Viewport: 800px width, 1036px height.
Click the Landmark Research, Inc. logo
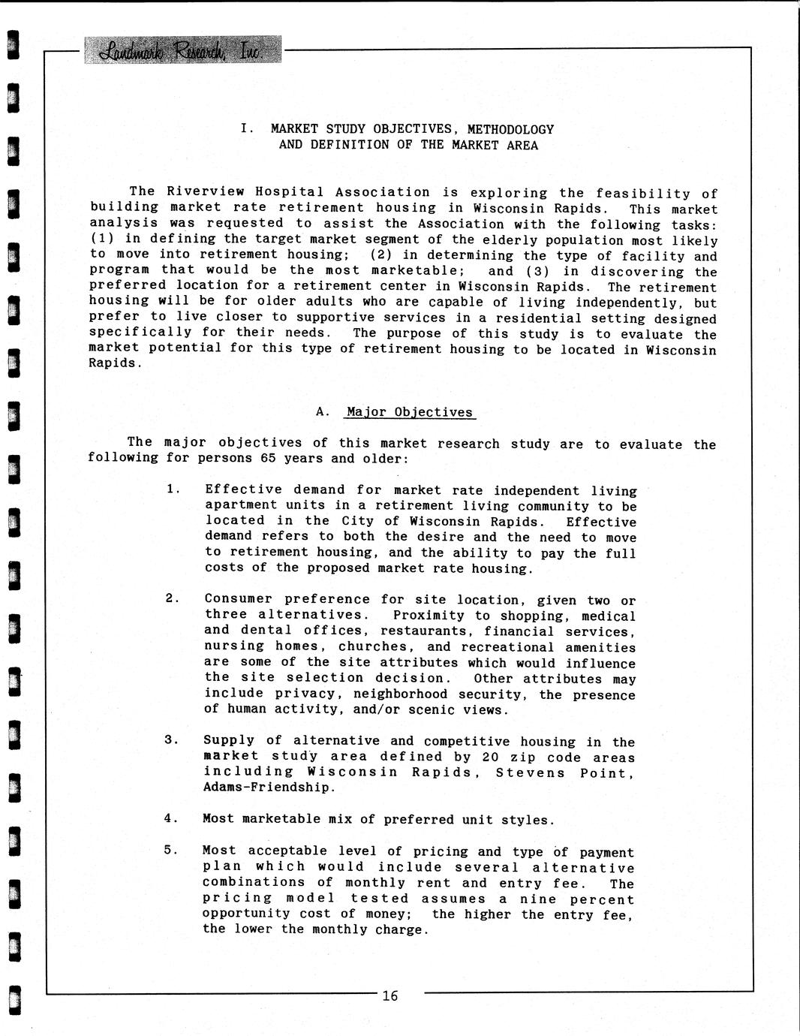tap(182, 50)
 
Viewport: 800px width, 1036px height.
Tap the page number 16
tap(389, 996)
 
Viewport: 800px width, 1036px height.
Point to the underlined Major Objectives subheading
tap(410, 412)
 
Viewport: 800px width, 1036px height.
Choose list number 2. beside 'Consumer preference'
tap(172, 598)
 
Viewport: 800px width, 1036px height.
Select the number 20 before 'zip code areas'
tap(491, 757)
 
